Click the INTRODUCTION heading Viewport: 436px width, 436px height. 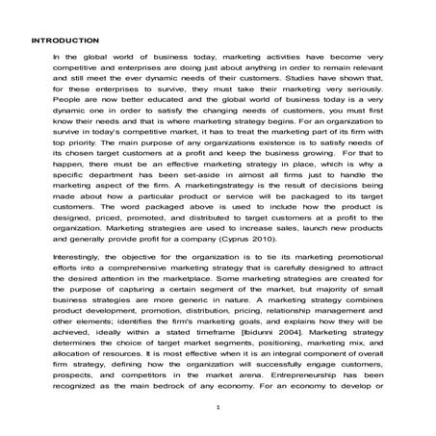64,40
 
